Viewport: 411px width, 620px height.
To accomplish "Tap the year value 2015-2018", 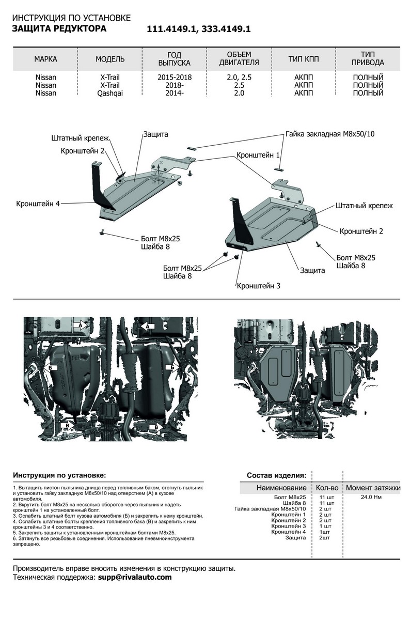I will click(175, 77).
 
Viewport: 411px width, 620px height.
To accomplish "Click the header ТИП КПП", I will click(304, 59).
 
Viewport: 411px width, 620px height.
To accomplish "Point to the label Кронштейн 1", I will click(258, 155).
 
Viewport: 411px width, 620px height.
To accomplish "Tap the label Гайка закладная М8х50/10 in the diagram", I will click(329, 134).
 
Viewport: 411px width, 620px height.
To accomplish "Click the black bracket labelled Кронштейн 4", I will click(98, 183).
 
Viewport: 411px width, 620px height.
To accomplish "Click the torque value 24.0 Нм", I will click(371, 497).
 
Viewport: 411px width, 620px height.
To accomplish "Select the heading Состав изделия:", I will click(276, 475).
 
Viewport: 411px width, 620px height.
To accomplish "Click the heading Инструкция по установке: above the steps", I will click(59, 475).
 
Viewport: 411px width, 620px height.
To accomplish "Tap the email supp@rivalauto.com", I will click(134, 577).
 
